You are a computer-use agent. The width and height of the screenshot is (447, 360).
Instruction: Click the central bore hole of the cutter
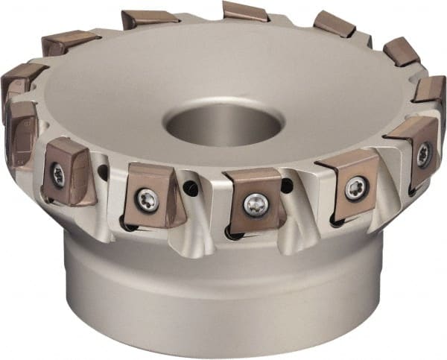223,125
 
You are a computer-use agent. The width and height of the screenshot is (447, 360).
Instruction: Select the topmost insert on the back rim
245,11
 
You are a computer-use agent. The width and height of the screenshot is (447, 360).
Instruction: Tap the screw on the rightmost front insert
422,154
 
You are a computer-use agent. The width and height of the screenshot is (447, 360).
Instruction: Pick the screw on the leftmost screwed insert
58,176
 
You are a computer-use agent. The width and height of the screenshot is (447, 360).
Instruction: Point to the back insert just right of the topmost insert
334,24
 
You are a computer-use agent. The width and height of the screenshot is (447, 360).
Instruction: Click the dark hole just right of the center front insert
288,187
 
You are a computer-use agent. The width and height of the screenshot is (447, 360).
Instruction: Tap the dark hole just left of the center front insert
192,191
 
